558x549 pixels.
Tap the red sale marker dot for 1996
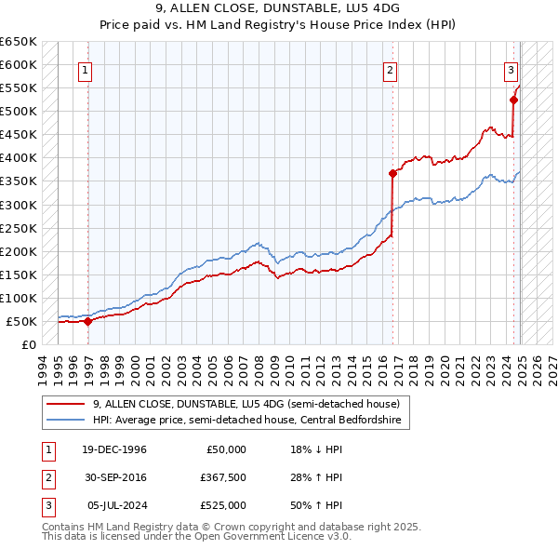pyautogui.click(x=87, y=322)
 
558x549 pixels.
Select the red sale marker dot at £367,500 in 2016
pyautogui.click(x=392, y=172)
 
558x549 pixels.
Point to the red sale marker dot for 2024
pyautogui.click(x=513, y=99)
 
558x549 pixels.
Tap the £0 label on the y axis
pyautogui.click(x=28, y=345)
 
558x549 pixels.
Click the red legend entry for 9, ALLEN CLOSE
pyautogui.click(x=246, y=404)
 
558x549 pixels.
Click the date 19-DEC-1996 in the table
pyautogui.click(x=116, y=449)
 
